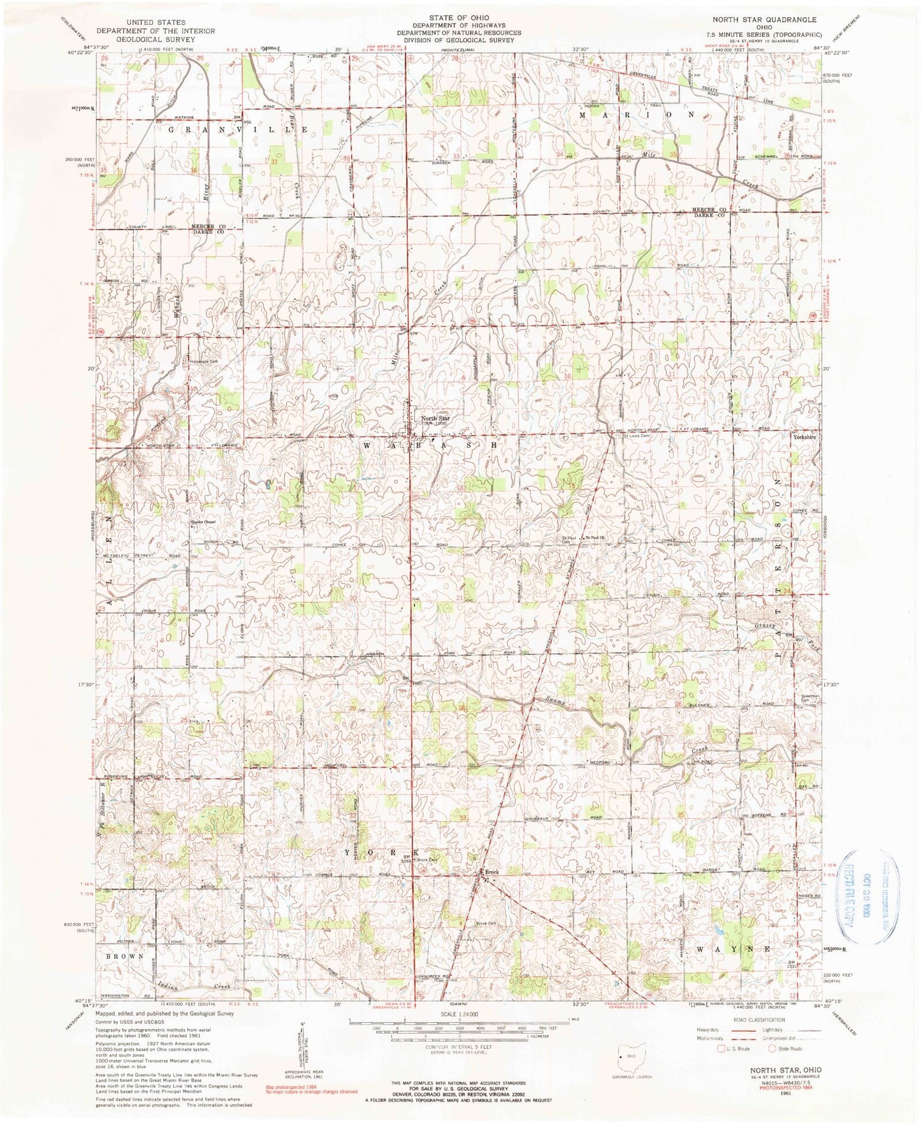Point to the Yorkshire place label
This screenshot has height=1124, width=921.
pyautogui.click(x=805, y=438)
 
